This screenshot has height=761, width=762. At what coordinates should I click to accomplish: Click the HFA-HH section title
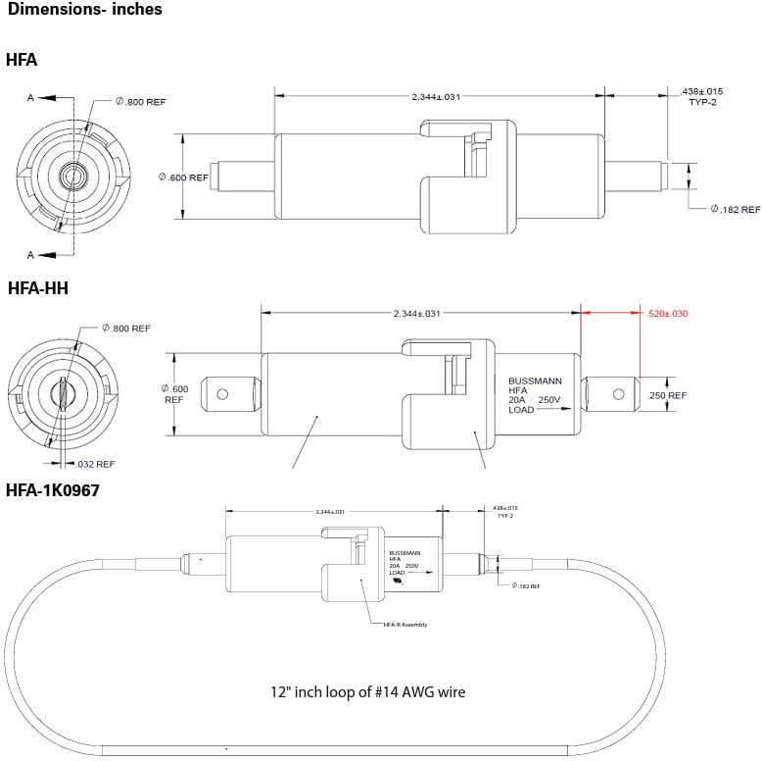38,288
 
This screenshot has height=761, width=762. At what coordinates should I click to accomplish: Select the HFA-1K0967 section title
53,488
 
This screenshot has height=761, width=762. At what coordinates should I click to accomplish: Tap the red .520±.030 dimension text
668,314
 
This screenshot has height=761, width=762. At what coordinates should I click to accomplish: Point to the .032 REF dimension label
95,464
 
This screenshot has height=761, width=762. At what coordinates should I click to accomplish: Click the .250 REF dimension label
667,395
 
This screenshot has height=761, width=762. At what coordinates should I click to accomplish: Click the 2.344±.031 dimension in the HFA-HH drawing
417,314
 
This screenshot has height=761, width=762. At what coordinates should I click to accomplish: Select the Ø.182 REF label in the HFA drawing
736,209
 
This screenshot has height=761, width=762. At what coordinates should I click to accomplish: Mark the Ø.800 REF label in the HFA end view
141,101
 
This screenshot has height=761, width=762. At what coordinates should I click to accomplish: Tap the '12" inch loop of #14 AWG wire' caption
367,691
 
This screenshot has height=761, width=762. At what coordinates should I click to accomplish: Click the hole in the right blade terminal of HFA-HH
618,394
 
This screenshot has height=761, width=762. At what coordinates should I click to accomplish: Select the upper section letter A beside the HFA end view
30,98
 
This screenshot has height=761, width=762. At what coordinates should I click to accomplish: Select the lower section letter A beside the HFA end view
30,255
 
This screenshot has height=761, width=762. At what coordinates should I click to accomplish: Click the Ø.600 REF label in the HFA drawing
183,178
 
